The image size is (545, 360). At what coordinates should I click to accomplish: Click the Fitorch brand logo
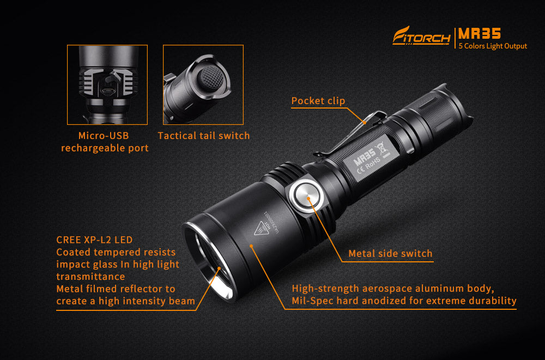(421, 36)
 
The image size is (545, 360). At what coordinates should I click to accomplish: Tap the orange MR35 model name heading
(479, 33)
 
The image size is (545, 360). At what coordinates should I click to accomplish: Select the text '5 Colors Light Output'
(493, 46)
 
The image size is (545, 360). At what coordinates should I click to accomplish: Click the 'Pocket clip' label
(318, 101)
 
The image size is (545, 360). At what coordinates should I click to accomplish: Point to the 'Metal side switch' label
(390, 254)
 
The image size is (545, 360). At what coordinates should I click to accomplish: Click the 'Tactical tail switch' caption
(204, 136)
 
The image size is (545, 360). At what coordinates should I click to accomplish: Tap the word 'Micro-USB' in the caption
(104, 136)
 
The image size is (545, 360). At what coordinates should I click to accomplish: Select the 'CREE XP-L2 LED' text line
(94, 240)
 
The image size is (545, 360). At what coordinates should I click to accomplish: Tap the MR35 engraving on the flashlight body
(365, 157)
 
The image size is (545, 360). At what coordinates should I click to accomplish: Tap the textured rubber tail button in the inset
(210, 78)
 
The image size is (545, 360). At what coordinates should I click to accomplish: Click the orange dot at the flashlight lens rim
(219, 268)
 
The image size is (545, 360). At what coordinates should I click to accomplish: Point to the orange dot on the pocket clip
(365, 122)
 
